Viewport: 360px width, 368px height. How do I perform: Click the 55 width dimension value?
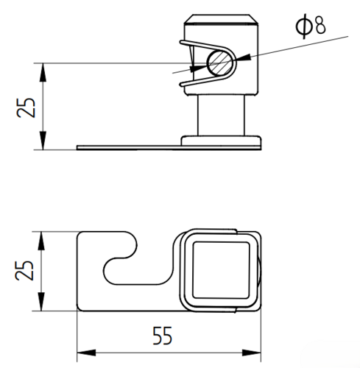pyautogui.click(x=162, y=336)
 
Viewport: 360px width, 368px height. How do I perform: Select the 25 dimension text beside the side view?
pyautogui.click(x=26, y=107)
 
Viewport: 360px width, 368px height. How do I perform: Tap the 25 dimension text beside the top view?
pyautogui.click(x=24, y=270)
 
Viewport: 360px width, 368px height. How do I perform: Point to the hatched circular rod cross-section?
pyautogui.click(x=219, y=63)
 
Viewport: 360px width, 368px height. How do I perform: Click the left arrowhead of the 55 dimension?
pyautogui.click(x=86, y=353)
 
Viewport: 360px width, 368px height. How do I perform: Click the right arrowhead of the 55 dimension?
pyautogui.click(x=252, y=353)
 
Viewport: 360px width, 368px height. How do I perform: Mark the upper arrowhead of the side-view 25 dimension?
pyautogui.click(x=43, y=72)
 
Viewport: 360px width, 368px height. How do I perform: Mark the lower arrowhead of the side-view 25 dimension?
pyautogui.click(x=43, y=141)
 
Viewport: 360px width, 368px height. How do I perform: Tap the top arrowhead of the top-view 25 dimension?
pyautogui.click(x=41, y=241)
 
